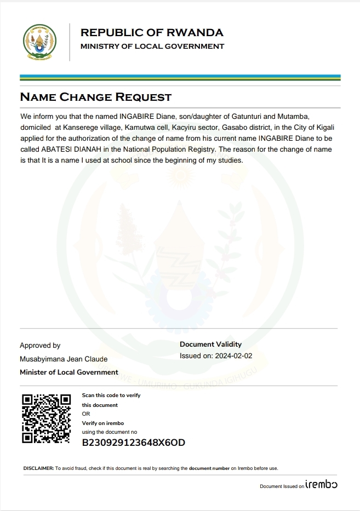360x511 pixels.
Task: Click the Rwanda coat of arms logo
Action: (39, 42)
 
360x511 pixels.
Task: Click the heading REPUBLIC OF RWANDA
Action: (152, 32)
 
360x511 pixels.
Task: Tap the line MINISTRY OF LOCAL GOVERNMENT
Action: (152, 47)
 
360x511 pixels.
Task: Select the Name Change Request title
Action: (95, 97)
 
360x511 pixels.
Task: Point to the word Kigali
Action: (329, 128)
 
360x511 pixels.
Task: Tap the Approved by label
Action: (40, 346)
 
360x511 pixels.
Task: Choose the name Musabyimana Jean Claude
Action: (64, 359)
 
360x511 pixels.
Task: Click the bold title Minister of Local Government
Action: (69, 372)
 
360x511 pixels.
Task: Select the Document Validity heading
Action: (210, 345)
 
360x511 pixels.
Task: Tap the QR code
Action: (46, 418)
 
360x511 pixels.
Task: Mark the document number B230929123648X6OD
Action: (133, 443)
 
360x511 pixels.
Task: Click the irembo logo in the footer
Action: (322, 485)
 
